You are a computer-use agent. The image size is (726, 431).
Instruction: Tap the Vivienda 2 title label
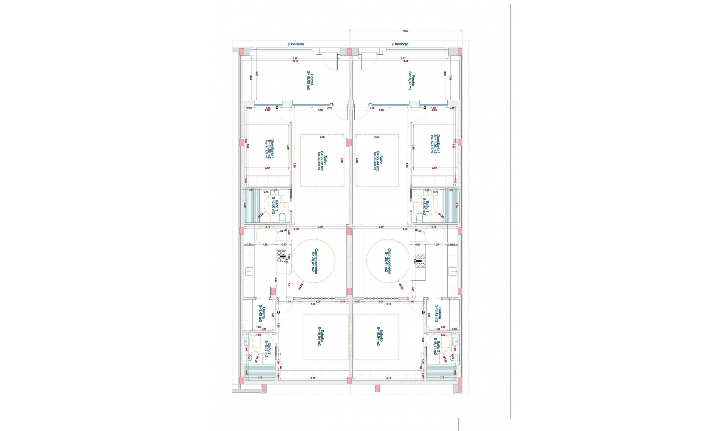tap(296, 44)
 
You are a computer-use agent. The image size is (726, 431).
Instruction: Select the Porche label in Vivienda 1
tap(411, 81)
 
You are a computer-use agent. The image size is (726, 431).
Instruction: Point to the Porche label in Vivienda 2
tap(310, 81)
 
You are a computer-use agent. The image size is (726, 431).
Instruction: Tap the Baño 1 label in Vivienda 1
tap(426, 208)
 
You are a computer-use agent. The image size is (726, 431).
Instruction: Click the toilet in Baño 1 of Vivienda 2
tap(282, 217)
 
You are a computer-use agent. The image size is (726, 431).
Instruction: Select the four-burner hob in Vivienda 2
tap(281, 257)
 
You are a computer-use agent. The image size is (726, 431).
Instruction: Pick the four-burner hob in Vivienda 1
tap(420, 261)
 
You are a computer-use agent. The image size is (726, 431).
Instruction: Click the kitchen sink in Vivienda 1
tap(452, 271)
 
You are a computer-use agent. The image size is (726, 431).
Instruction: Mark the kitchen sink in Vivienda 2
tap(249, 271)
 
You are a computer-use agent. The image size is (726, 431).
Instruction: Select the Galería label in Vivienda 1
tap(438, 314)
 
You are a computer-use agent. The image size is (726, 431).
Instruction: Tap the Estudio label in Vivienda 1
tap(380, 336)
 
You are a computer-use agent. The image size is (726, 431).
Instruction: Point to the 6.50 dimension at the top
tap(405, 31)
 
